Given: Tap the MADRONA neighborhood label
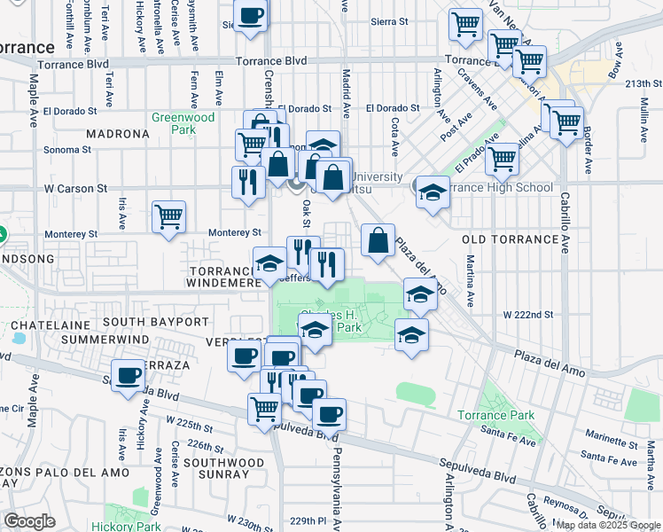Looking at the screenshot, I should point(119,134).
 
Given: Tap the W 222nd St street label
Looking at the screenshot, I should point(528,315).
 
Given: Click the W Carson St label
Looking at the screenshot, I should point(75,189).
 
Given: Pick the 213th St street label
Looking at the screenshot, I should point(643,83).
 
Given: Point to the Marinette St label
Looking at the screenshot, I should point(612,434).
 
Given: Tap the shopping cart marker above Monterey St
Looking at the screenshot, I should point(168,215).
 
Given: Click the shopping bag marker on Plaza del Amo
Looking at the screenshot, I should point(378,239).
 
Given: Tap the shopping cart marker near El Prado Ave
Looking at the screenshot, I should point(502,160).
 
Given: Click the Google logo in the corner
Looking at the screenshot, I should point(29,521).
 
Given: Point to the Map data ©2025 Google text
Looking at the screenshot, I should point(608,525).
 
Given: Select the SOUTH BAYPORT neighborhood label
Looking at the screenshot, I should point(155,322).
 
